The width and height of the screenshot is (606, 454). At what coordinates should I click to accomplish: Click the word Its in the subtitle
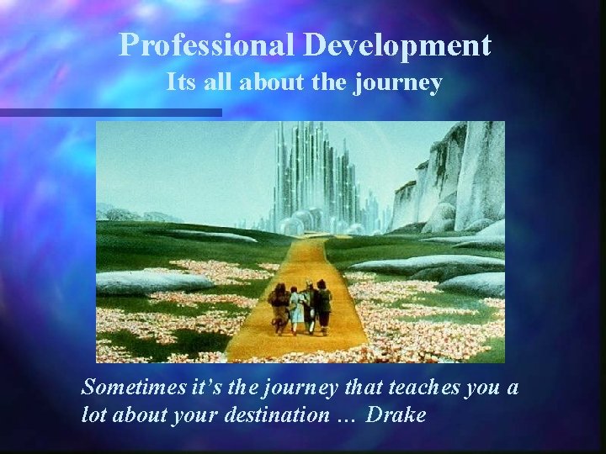point(180,82)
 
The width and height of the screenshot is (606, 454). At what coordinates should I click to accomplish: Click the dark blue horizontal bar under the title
point(109,112)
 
